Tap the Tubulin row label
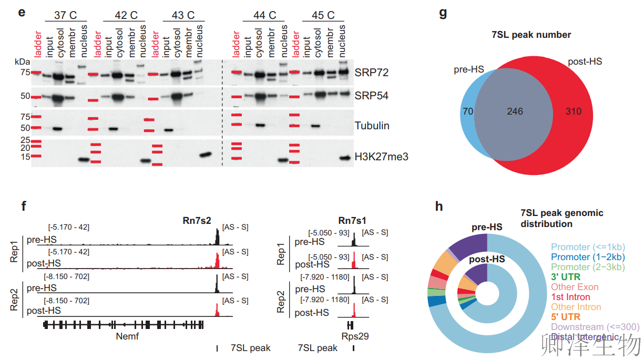372,126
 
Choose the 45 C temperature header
323,15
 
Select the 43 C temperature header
183,15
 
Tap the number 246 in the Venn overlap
515,111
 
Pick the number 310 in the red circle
574,111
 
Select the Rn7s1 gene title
353,220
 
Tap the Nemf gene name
127,336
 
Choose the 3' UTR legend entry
564,277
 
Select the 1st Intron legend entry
570,297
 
